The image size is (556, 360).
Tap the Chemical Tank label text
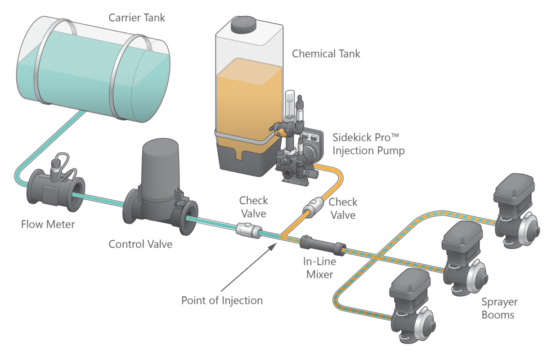326,54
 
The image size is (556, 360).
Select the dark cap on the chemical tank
242,25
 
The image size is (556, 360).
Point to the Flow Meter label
48,224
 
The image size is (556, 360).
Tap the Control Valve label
140,244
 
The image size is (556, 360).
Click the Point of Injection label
221,300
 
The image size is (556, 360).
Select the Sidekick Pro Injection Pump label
368,144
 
